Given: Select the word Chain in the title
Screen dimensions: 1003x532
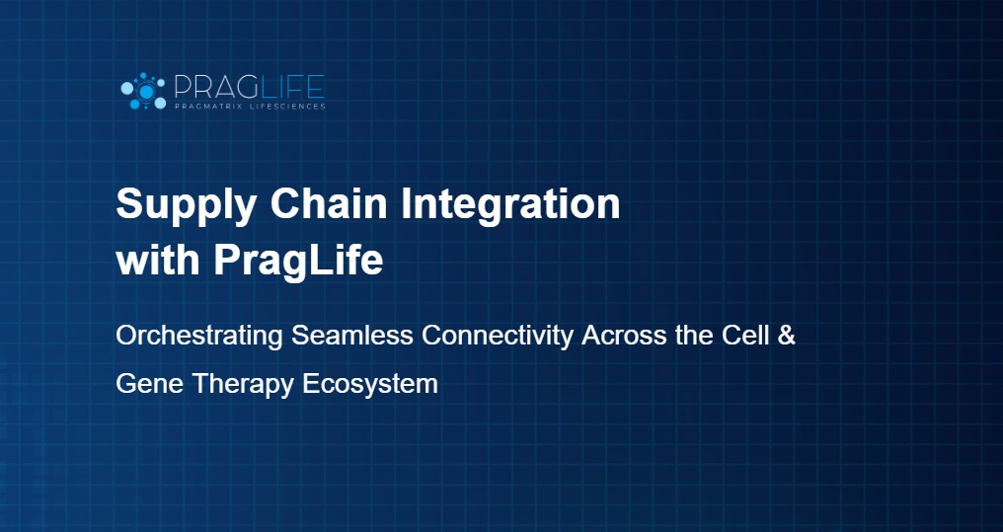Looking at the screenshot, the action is (329, 203).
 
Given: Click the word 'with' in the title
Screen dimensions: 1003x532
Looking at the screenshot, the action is (158, 260).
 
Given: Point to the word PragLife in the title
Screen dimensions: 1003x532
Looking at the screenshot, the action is (299, 263).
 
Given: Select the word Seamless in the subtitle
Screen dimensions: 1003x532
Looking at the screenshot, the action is (352, 335).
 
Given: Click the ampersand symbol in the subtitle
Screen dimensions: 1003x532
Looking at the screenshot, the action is (787, 335).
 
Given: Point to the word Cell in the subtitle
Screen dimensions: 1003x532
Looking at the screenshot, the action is (745, 335).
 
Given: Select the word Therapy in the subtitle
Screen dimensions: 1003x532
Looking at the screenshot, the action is (243, 385).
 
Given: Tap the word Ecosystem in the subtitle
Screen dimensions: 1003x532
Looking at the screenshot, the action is (370, 385).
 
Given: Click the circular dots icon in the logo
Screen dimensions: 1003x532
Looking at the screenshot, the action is (144, 92).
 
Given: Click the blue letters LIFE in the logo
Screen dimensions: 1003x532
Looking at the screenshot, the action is (288, 88).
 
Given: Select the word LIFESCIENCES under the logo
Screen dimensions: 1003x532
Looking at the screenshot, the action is (285, 107).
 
